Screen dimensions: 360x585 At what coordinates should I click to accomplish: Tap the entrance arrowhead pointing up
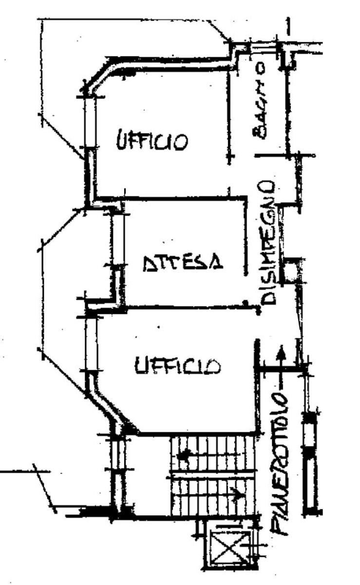[281, 352]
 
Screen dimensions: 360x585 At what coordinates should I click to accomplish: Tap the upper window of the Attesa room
[118, 239]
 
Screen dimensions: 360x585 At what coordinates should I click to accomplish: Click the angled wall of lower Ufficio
[110, 408]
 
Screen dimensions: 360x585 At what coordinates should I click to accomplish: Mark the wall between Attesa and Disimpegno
[246, 235]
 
